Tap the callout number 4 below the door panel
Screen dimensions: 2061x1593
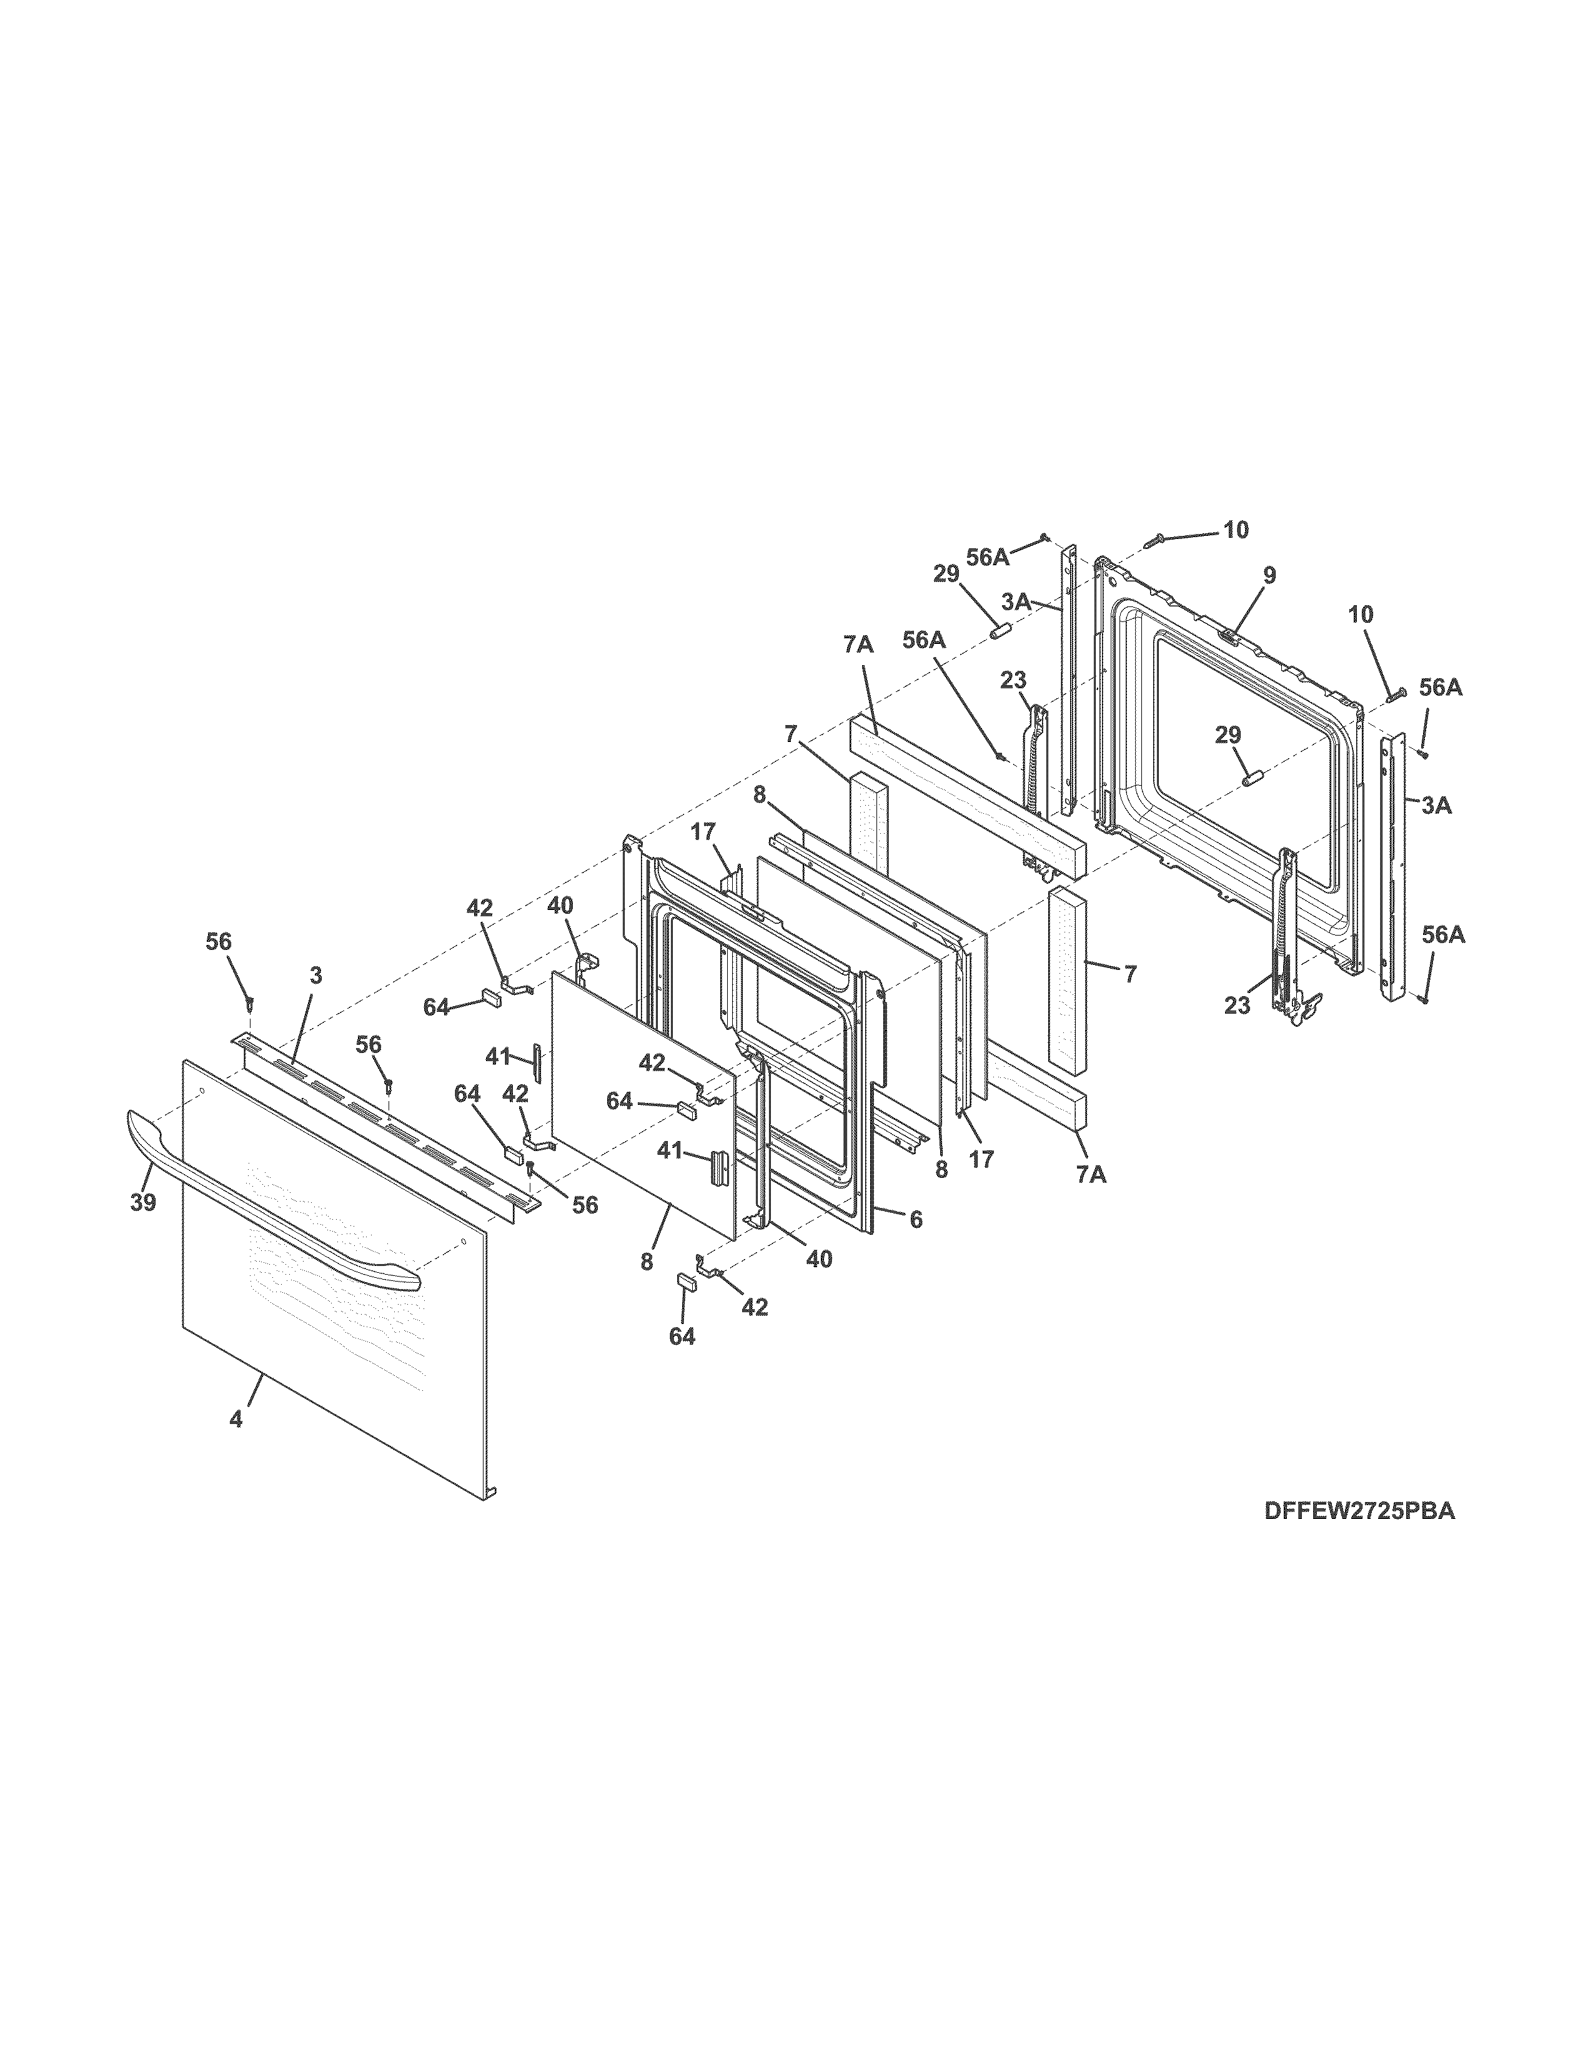pyautogui.click(x=236, y=1446)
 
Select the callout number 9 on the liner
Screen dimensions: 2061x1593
pyautogui.click(x=1269, y=574)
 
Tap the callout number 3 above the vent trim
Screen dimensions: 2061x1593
pyautogui.click(x=315, y=976)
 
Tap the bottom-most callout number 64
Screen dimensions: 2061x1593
pyautogui.click(x=682, y=1337)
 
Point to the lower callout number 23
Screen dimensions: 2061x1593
pyautogui.click(x=1237, y=1006)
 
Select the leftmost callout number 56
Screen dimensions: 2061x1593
pyautogui.click(x=218, y=942)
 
